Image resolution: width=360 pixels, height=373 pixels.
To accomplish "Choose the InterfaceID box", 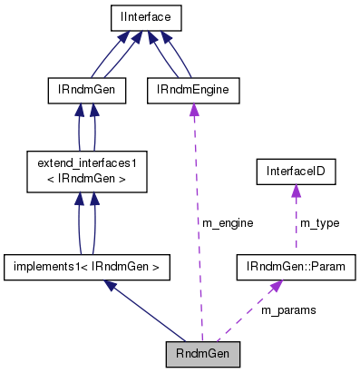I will tap(295, 171).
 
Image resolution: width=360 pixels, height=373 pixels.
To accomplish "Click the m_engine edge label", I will tap(228, 222).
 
